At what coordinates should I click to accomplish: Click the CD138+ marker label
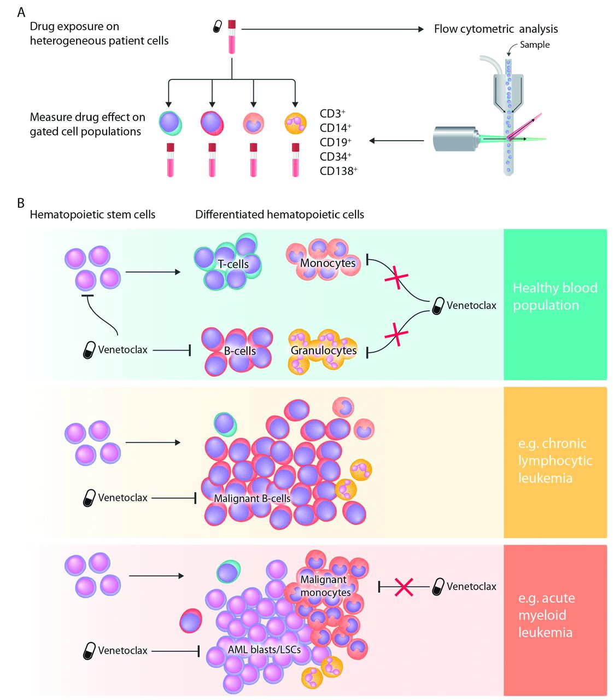point(338,171)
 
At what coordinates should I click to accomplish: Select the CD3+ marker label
point(332,114)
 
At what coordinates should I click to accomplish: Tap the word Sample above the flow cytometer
point(534,45)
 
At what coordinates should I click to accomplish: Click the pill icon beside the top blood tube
point(218,26)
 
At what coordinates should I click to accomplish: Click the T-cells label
point(233,264)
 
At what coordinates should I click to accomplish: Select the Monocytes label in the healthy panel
point(328,263)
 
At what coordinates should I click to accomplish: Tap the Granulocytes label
point(324,351)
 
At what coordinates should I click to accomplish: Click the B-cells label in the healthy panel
point(240,351)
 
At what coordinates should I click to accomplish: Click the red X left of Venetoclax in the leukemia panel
point(404,587)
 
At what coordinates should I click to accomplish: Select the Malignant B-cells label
point(252,498)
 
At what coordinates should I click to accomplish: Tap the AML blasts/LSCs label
point(264,650)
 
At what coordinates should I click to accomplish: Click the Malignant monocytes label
point(325,586)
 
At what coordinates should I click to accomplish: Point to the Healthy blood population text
point(554,296)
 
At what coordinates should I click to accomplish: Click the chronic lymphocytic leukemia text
point(554,460)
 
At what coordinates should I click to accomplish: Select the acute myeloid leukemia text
point(546,615)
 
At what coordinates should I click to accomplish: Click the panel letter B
point(21,203)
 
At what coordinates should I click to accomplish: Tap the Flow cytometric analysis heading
point(496,29)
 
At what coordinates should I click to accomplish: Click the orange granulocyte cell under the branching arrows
point(295,123)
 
